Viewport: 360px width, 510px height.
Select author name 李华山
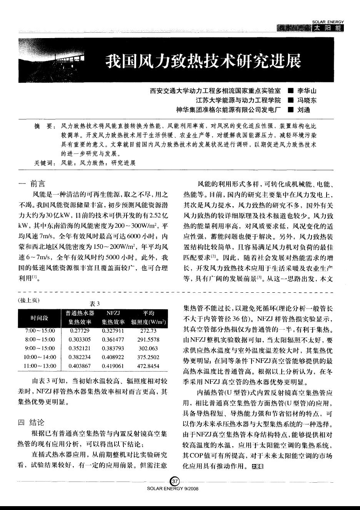click(x=307, y=92)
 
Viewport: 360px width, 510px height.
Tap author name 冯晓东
click(x=307, y=101)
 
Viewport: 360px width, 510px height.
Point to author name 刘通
click(x=303, y=110)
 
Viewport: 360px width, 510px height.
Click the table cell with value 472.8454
click(x=148, y=366)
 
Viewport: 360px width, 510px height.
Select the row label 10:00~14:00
click(x=40, y=357)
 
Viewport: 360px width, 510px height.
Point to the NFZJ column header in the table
click(x=113, y=313)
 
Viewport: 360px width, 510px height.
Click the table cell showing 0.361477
click(x=113, y=339)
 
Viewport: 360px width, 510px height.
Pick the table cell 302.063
click(x=148, y=348)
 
